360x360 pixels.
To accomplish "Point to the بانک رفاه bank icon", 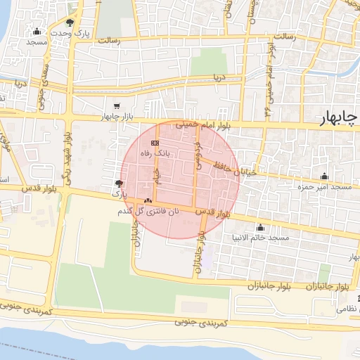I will [155, 142].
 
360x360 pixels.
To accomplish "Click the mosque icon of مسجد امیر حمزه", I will [323, 176].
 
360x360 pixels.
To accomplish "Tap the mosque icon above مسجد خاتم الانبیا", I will [261, 227].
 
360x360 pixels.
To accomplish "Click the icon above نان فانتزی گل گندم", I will [148, 200].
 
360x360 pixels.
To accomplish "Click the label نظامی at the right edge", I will [346, 309].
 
